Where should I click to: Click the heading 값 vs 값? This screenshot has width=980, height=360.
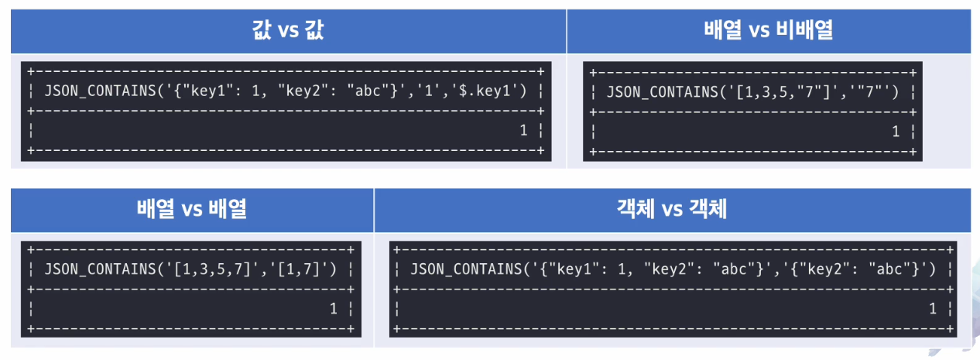289,30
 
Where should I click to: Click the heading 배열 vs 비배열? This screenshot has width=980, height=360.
769,30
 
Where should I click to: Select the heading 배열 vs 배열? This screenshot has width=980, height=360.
192,209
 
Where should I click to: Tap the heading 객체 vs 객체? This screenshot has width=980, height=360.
672,209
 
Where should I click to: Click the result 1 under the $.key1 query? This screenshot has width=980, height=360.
524,130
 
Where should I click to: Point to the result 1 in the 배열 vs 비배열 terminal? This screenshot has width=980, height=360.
896,132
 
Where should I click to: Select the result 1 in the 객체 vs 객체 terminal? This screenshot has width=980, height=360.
933,309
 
